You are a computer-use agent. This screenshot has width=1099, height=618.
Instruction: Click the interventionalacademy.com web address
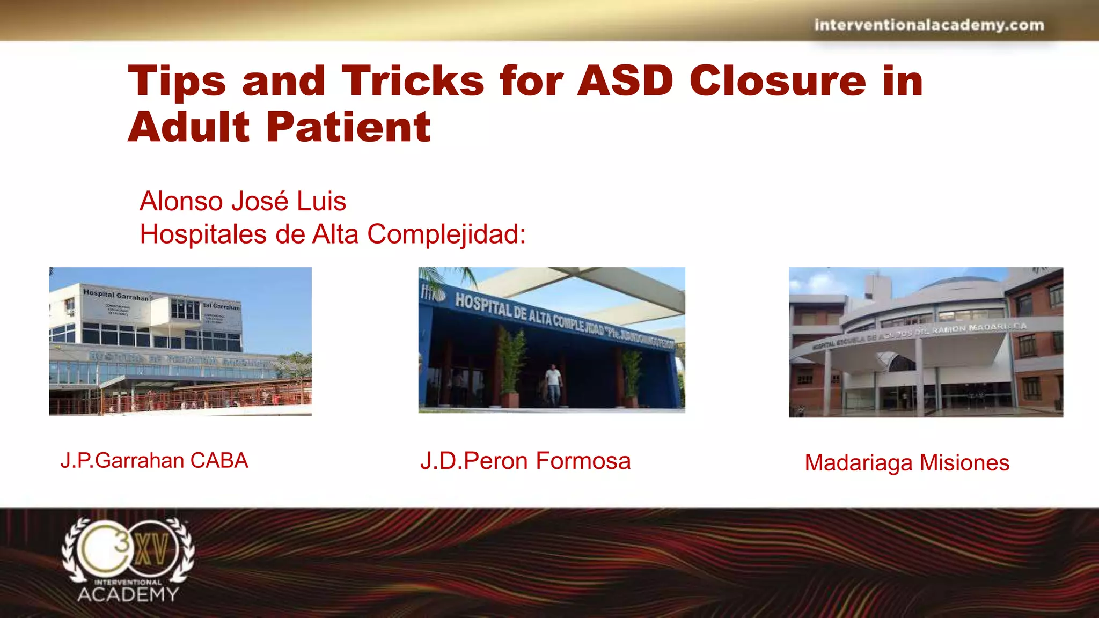(x=929, y=25)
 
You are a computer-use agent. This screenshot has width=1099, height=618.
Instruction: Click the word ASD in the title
(x=625, y=81)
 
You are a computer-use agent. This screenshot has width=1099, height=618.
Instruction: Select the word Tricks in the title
(x=413, y=81)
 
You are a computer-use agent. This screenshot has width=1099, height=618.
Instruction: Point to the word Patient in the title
(x=348, y=127)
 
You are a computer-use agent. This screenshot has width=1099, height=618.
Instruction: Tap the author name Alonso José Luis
(x=243, y=202)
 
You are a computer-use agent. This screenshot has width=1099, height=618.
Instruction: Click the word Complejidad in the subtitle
(x=446, y=234)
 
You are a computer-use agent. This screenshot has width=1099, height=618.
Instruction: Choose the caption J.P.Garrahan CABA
(x=154, y=461)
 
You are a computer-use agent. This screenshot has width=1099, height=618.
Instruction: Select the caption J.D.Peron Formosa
(x=525, y=461)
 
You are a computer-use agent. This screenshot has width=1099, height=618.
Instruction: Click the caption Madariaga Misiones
(x=907, y=463)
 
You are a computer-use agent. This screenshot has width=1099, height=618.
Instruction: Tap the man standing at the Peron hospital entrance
(x=553, y=384)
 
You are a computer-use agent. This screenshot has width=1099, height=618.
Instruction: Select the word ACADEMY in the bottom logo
(x=128, y=594)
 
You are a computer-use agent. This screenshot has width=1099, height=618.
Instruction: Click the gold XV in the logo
(x=152, y=549)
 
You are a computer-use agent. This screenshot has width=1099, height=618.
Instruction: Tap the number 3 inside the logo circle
(x=123, y=543)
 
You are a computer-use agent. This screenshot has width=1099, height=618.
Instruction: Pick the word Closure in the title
(x=778, y=81)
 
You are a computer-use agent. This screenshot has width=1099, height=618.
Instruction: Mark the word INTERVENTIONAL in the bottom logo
(x=128, y=582)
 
